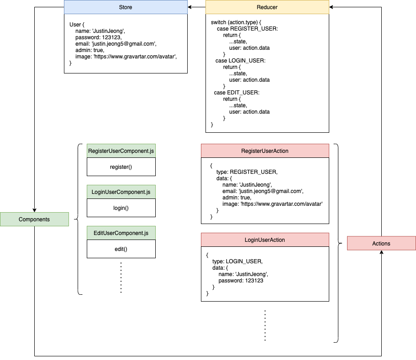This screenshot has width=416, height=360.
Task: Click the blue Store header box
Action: tap(126, 7)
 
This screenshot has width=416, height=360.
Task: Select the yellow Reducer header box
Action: tap(267, 7)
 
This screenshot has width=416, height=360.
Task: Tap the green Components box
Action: tap(34, 219)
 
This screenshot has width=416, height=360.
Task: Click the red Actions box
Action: tap(381, 243)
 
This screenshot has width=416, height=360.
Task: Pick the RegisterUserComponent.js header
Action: tap(121, 151)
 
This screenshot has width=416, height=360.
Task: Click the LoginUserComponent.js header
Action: tap(121, 192)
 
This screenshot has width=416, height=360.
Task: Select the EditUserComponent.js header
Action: tap(121, 233)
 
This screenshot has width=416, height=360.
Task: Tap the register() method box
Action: tap(121, 167)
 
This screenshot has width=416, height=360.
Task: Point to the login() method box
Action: tap(121, 208)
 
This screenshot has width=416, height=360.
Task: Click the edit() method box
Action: tap(121, 249)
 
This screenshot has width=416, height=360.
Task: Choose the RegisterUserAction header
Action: tap(265, 151)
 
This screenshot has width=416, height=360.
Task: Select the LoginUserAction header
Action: tap(265, 240)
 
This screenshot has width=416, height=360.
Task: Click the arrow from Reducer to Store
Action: tap(196, 7)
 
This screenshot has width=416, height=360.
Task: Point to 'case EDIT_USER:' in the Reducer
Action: tap(237, 93)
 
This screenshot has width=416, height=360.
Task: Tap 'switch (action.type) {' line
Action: tap(236, 22)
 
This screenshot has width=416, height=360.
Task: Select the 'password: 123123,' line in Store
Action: tap(99, 37)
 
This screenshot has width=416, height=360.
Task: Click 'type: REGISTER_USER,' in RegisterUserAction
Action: tap(247, 172)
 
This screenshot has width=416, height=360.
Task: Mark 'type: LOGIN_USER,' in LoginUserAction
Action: tap(237, 261)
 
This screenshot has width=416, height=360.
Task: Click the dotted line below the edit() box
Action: tap(121, 277)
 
